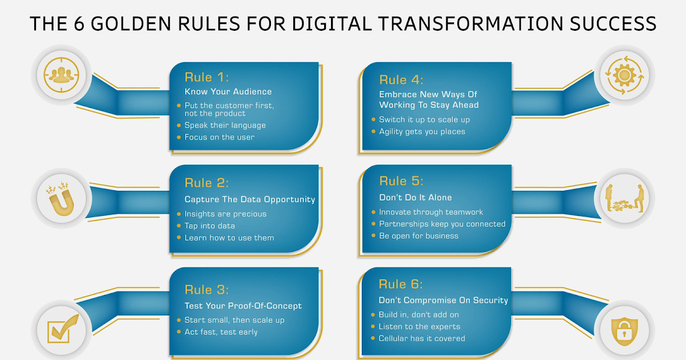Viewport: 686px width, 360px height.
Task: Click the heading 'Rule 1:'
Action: coord(206,78)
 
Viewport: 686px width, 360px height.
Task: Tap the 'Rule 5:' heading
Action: coord(401,181)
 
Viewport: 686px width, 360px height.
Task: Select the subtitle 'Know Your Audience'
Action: coord(228,91)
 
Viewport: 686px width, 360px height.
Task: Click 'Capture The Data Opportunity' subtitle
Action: coord(250,199)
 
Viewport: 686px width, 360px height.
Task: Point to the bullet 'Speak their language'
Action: coord(225,125)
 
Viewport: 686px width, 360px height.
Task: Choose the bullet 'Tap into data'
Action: coord(209,226)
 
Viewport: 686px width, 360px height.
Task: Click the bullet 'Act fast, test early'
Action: coord(221,332)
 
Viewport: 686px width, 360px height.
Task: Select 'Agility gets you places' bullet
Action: coord(422,131)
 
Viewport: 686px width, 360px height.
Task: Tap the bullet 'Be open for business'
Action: coord(418,235)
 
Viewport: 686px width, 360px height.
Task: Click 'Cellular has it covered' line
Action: coord(422,338)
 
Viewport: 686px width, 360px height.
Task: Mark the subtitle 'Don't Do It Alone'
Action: coord(415,198)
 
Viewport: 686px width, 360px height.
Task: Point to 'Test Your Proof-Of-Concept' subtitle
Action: coord(243,306)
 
